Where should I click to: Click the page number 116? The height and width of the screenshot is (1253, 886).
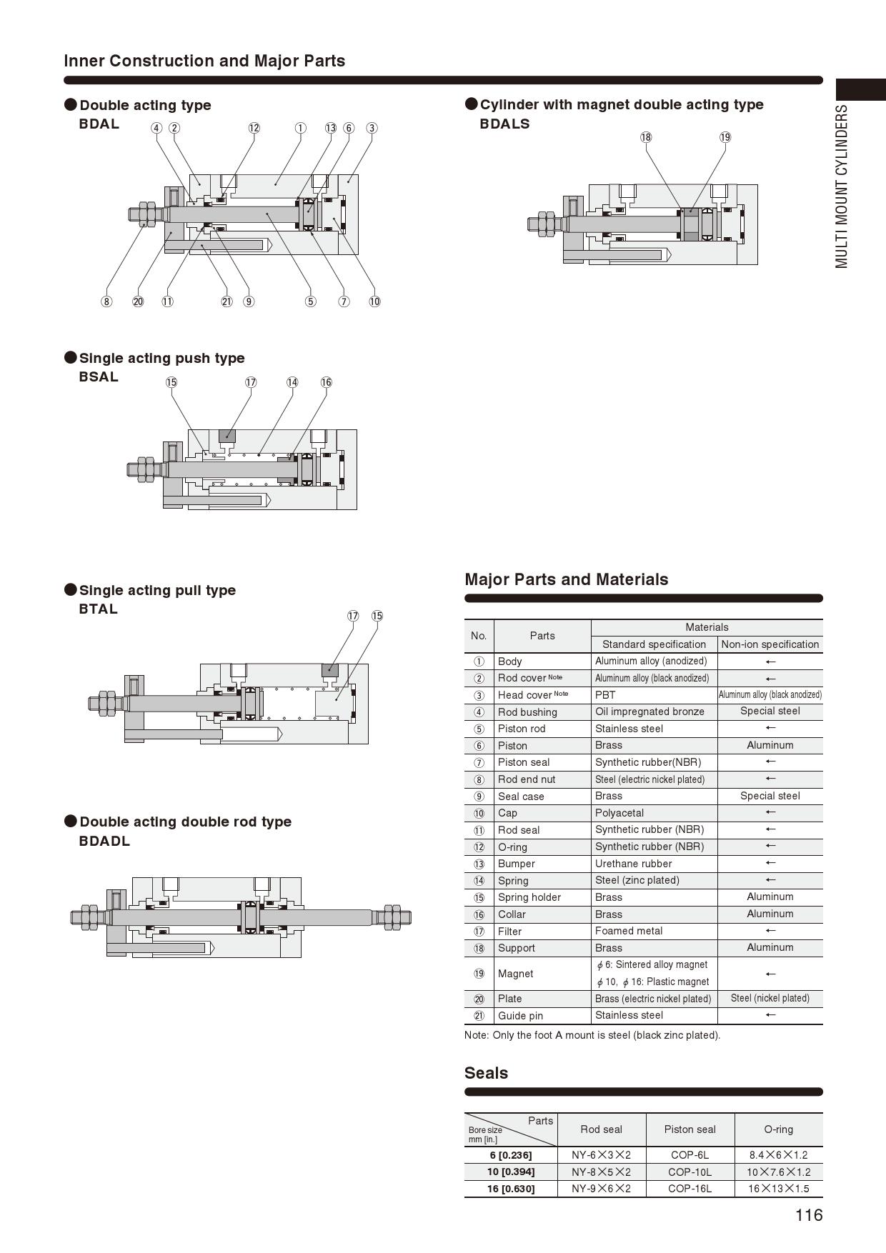point(809,1215)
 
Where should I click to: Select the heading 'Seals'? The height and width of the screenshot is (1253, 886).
point(486,1073)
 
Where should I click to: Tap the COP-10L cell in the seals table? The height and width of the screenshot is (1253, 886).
point(690,1172)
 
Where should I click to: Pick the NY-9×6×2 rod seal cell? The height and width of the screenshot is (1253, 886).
point(601,1189)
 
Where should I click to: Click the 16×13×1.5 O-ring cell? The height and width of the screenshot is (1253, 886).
point(778,1189)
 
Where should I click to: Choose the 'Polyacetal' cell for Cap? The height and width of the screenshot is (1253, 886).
point(619,813)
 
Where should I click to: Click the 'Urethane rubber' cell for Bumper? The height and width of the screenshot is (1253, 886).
point(633,864)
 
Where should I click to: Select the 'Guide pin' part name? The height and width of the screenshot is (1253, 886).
point(520,1016)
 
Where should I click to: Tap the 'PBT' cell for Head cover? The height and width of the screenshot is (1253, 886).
point(605,695)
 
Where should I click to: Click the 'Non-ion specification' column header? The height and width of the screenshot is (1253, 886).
point(770,644)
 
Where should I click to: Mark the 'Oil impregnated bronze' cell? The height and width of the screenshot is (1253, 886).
point(649,712)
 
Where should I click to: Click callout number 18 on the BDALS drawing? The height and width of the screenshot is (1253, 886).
point(646,137)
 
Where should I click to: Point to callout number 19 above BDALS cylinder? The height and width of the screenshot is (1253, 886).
point(725,137)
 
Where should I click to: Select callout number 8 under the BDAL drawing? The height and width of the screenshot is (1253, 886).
point(106,301)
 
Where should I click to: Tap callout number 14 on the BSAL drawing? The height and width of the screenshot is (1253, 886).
point(292,382)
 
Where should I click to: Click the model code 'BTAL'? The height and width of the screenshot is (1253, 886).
point(98,609)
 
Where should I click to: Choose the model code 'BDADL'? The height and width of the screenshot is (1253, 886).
point(104,841)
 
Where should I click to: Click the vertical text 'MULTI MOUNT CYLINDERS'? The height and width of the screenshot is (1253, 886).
point(842,187)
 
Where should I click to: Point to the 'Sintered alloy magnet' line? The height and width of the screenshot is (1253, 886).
point(656,965)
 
